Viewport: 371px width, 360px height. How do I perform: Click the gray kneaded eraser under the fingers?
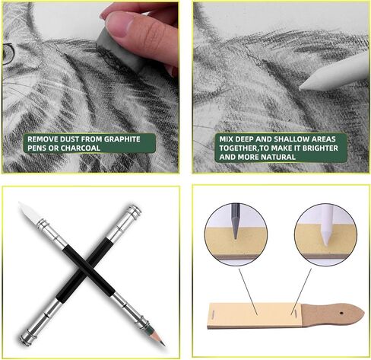click(121, 51)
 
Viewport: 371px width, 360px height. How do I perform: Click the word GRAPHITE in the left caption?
click(122, 139)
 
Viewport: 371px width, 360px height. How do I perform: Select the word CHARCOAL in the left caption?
click(81, 148)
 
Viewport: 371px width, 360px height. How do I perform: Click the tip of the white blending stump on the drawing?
click(300, 89)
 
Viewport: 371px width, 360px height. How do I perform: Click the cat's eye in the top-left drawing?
click(8, 54)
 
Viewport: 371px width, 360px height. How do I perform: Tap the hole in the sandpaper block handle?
click(341, 314)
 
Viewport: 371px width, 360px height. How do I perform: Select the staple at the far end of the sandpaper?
click(212, 314)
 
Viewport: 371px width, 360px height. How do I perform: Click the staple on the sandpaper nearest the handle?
click(293, 311)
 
